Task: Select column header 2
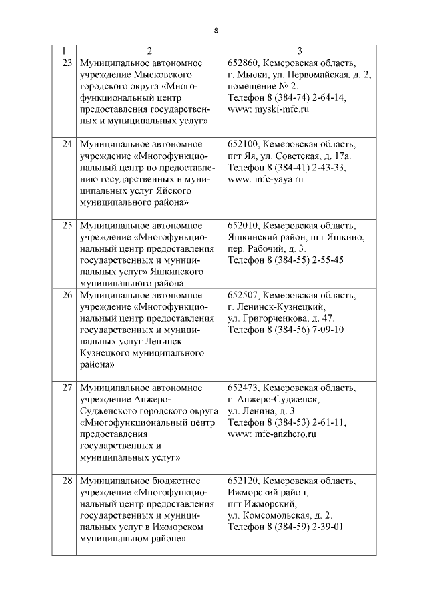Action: [149, 51]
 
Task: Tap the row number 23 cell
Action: [67, 62]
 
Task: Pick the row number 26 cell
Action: [67, 294]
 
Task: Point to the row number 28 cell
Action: [67, 480]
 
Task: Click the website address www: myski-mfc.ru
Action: [268, 110]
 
